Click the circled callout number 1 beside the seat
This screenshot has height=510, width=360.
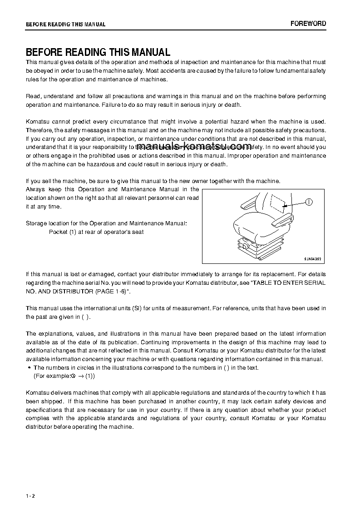click(308, 203)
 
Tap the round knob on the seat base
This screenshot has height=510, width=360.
click(246, 246)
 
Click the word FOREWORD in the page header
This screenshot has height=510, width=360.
click(308, 24)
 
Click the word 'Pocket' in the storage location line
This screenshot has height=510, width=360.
click(58, 232)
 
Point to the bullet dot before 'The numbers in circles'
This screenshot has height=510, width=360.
click(29, 368)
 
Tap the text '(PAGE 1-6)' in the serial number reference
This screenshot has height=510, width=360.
click(115, 291)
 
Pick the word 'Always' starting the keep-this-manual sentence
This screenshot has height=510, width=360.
click(35, 189)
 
